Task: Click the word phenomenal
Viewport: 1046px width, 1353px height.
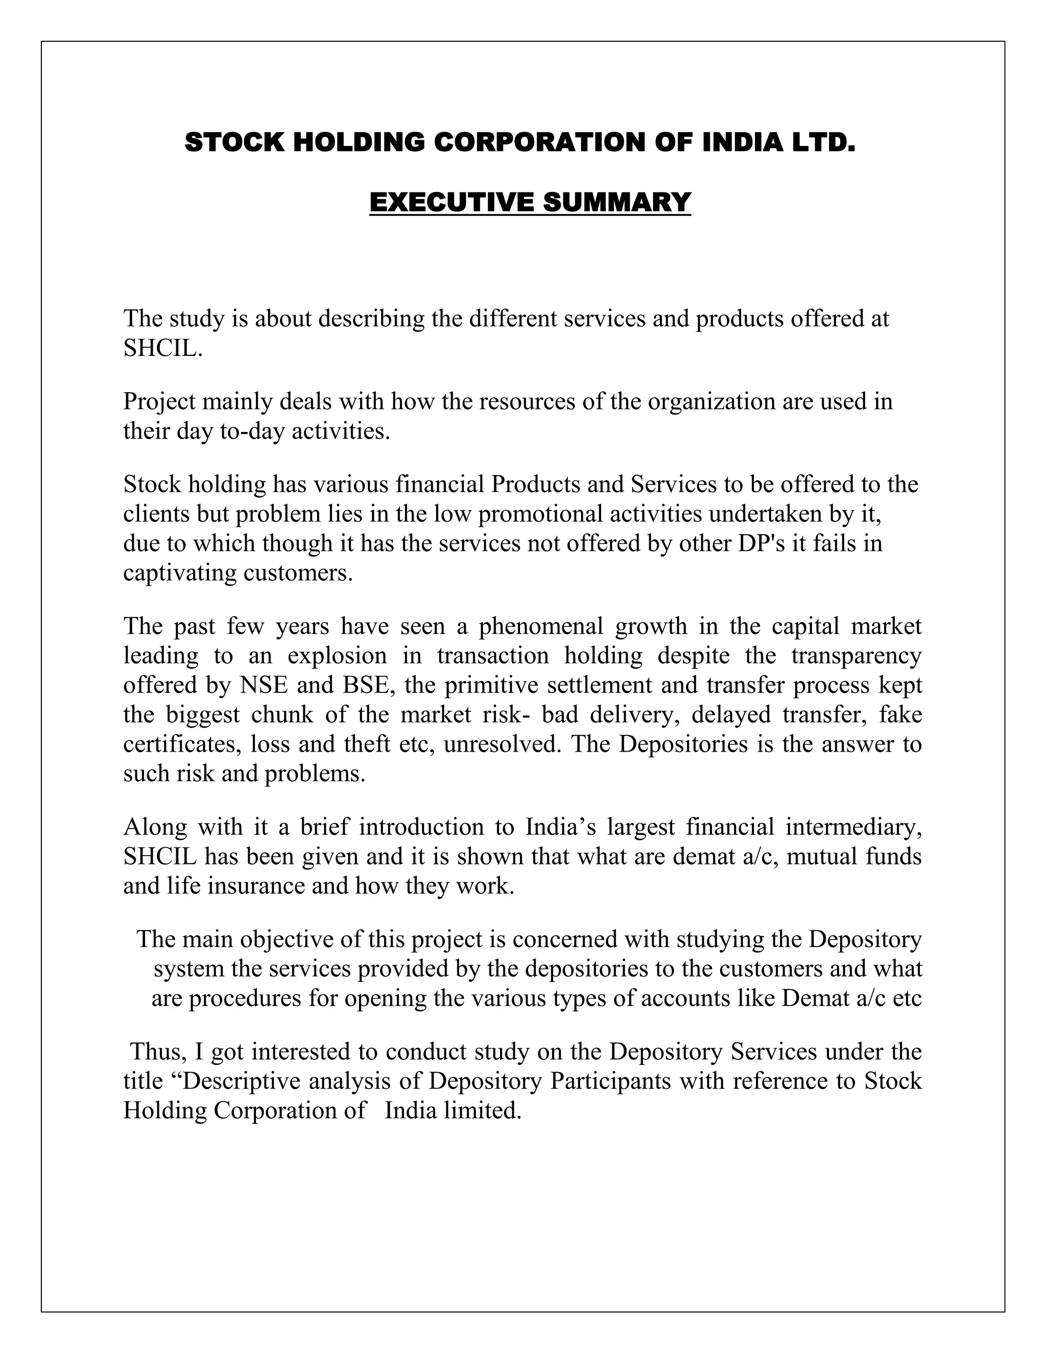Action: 540,626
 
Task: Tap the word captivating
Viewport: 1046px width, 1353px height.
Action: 179,572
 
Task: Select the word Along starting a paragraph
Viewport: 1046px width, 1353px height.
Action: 154,827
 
